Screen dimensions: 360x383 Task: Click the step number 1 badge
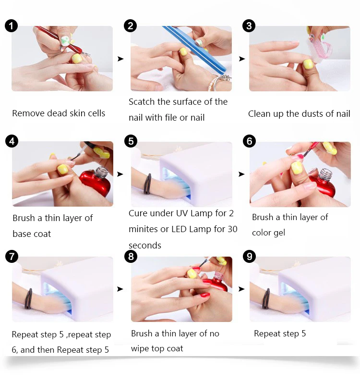pyautogui.click(x=11, y=26)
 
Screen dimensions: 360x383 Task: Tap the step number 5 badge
pyautogui.click(x=131, y=141)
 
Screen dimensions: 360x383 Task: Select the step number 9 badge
pyautogui.click(x=249, y=257)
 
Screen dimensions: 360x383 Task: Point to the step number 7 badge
pyautogui.click(x=12, y=257)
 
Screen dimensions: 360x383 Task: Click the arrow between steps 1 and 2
pyautogui.click(x=120, y=59)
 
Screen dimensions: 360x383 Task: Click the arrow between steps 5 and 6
pyautogui.click(x=241, y=174)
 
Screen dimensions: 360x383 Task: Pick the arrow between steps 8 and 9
pyautogui.click(x=241, y=289)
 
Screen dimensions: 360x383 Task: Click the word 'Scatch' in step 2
pyautogui.click(x=142, y=102)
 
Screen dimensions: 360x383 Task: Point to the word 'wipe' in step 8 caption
pyautogui.click(x=140, y=349)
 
